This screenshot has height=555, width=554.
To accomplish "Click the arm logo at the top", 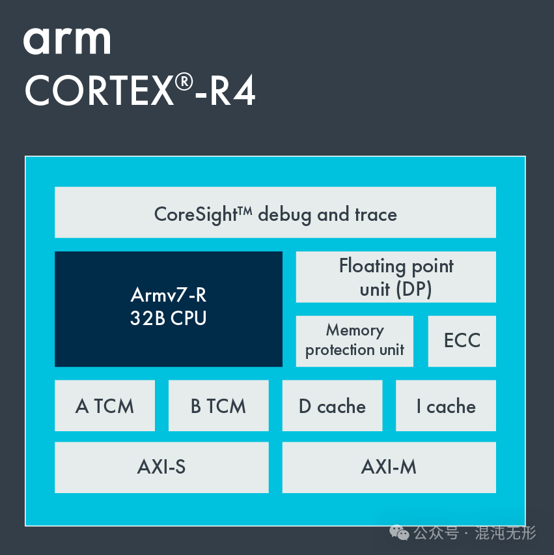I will pyautogui.click(x=67, y=42).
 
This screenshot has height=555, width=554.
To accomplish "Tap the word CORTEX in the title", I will pyautogui.click(x=98, y=91).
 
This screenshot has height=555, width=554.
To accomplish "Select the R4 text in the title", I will pyautogui.click(x=231, y=91).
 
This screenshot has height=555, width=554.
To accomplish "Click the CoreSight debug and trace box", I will pyautogui.click(x=275, y=212).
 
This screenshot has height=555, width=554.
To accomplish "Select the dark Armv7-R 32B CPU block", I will pyautogui.click(x=168, y=309).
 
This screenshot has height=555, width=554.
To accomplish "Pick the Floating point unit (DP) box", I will pyautogui.click(x=396, y=277).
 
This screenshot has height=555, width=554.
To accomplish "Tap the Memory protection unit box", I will pyautogui.click(x=354, y=341).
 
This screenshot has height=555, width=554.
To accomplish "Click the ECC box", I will pyautogui.click(x=462, y=341).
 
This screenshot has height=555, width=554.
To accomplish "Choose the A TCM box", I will pyautogui.click(x=104, y=406).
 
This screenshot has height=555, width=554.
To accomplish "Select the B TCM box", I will pyautogui.click(x=218, y=406).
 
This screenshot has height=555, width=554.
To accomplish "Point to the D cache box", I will pyautogui.click(x=332, y=406).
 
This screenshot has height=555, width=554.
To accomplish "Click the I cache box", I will pyautogui.click(x=445, y=406).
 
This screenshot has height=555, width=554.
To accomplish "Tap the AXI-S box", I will pyautogui.click(x=161, y=467).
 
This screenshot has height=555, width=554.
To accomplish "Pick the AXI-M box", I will pyautogui.click(x=389, y=467).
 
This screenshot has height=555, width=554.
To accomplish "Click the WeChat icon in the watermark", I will pyautogui.click(x=399, y=533).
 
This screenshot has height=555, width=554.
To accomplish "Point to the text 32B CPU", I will pyautogui.click(x=168, y=319).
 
